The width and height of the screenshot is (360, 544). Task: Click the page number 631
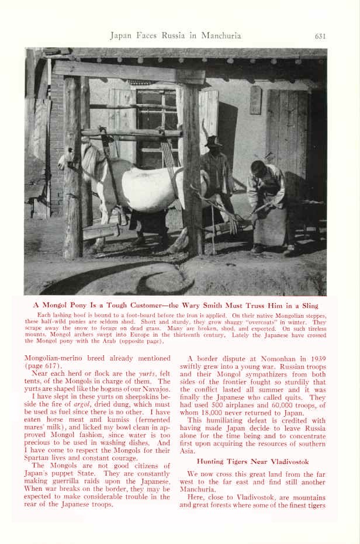coord(320,36)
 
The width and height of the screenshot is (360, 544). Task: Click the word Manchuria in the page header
coord(220,36)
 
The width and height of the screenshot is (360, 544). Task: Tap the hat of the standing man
coord(213,141)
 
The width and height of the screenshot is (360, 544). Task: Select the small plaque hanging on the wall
coord(255,100)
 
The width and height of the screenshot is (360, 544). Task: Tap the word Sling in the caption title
coord(309,305)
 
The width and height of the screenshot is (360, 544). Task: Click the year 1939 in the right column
coord(324,358)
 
